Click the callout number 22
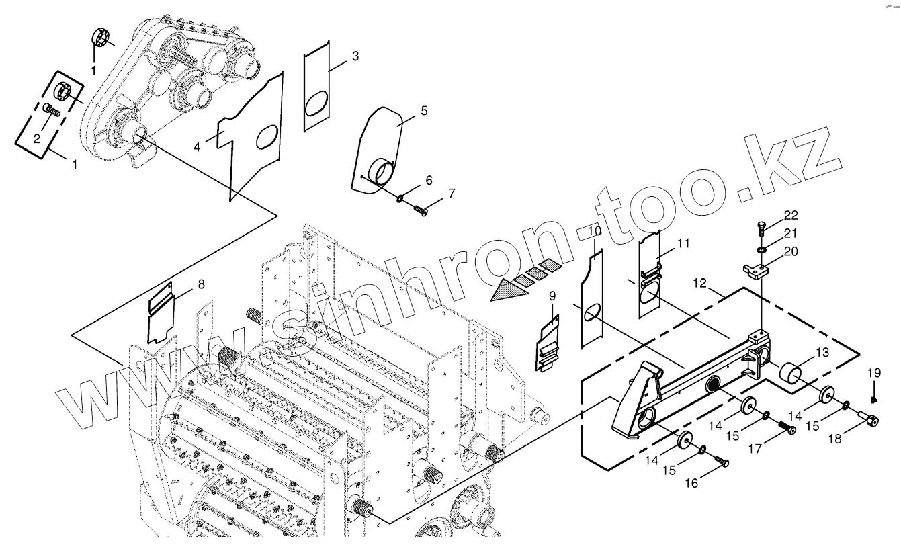tap(791, 215)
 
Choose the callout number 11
tap(683, 243)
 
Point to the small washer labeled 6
tap(400, 199)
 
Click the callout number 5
tap(424, 111)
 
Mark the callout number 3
tap(355, 56)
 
